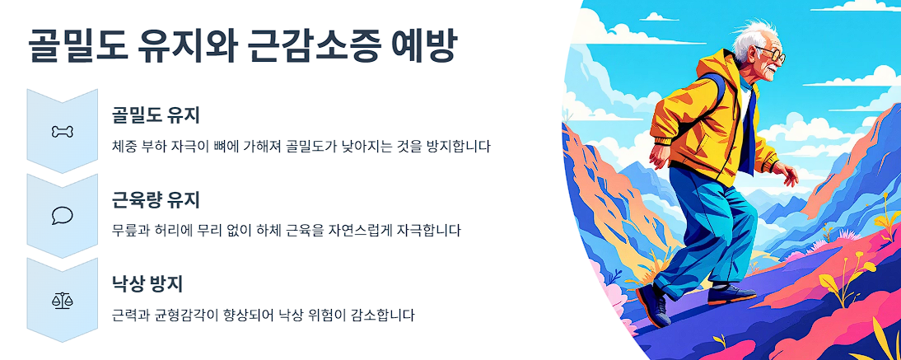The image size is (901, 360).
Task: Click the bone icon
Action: [63, 131]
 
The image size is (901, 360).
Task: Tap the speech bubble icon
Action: [63, 215]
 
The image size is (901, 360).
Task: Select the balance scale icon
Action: [63, 299]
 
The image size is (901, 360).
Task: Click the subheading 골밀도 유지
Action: [156, 115]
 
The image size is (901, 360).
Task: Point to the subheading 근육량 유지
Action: [156, 199]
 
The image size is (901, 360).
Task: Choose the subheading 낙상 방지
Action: [147, 284]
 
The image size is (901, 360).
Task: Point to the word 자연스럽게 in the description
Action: [358, 230]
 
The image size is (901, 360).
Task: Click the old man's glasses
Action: [771, 57]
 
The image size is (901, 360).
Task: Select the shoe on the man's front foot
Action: [731, 293]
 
